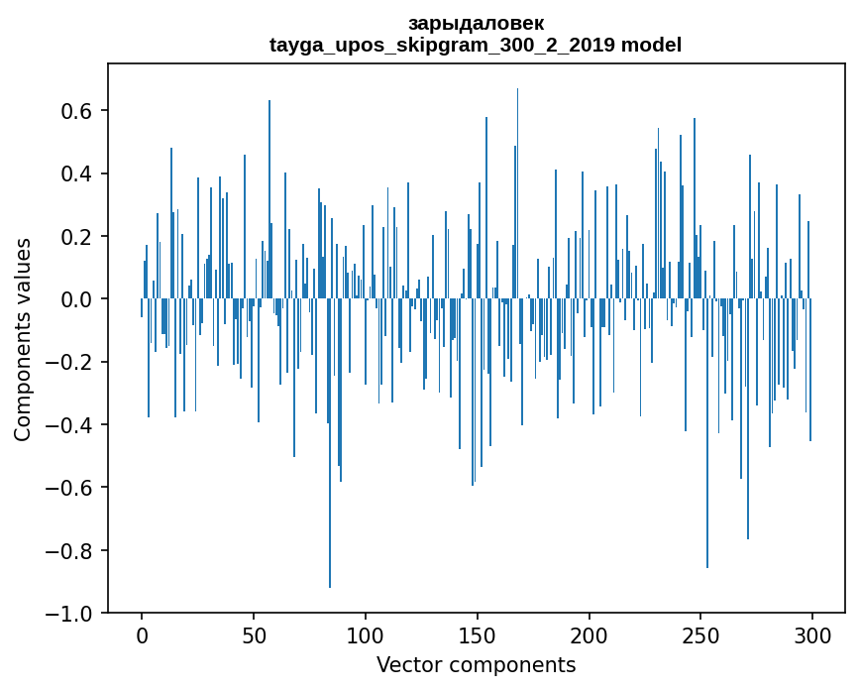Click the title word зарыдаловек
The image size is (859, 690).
(x=476, y=23)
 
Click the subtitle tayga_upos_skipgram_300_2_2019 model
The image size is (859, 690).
(x=476, y=45)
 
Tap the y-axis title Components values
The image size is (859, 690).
(x=23, y=339)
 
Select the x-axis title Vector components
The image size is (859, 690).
(x=476, y=664)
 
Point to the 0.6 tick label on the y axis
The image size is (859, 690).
(x=77, y=111)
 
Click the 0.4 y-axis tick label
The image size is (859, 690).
(x=77, y=173)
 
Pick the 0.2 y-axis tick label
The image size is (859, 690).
(x=77, y=237)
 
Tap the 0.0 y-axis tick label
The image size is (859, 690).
(x=77, y=299)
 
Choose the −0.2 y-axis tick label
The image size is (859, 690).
(x=70, y=362)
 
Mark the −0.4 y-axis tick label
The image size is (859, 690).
(x=70, y=425)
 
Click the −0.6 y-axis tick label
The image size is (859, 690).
(x=70, y=488)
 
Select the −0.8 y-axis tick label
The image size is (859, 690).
(x=70, y=550)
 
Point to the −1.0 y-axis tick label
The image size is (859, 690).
(x=70, y=614)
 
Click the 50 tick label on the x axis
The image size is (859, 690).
(x=254, y=635)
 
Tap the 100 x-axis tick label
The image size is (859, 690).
(x=366, y=635)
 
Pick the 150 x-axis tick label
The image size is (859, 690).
(x=478, y=635)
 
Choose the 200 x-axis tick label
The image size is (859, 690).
(x=590, y=635)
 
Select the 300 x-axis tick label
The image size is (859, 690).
(x=812, y=635)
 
